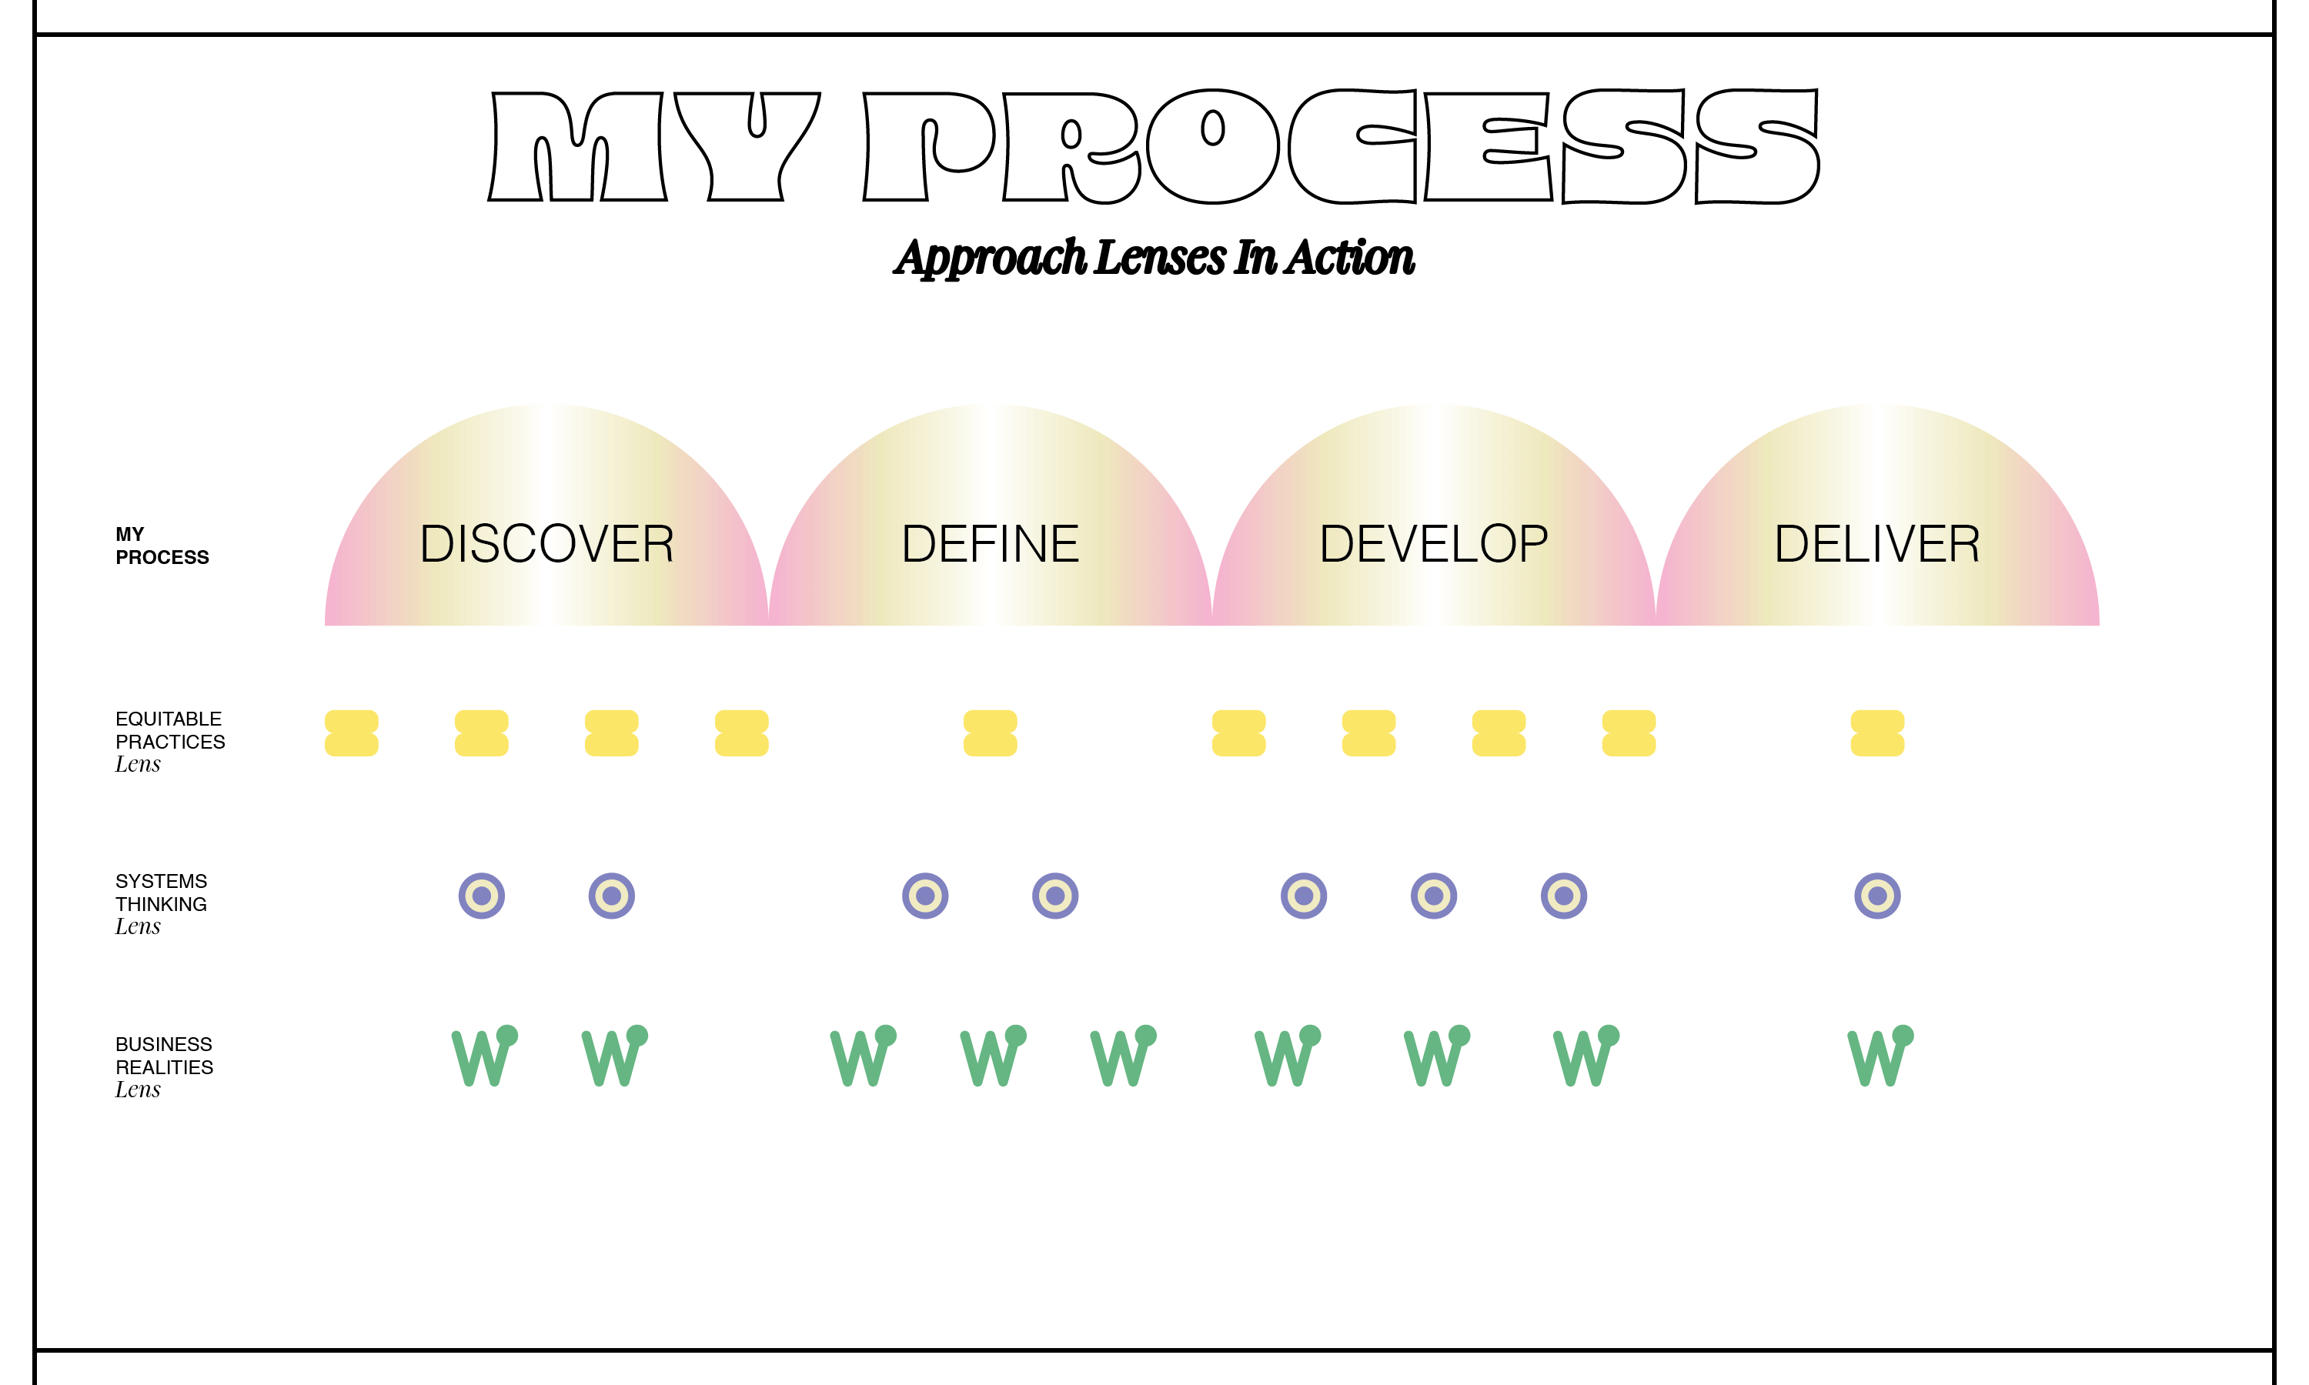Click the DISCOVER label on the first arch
(547, 544)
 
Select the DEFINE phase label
(991, 544)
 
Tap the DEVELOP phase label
(1434, 544)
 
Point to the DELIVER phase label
(1877, 544)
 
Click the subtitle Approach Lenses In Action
(1154, 258)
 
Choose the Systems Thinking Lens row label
(161, 903)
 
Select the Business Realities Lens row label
(163, 1066)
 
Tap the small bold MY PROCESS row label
(162, 546)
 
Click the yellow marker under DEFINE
(991, 733)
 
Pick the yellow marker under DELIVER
(1877, 733)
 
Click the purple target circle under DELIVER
(1877, 896)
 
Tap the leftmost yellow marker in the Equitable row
(351, 733)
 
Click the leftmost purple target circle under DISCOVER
(482, 896)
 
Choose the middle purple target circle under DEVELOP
(1434, 896)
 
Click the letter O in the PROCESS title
(1212, 146)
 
